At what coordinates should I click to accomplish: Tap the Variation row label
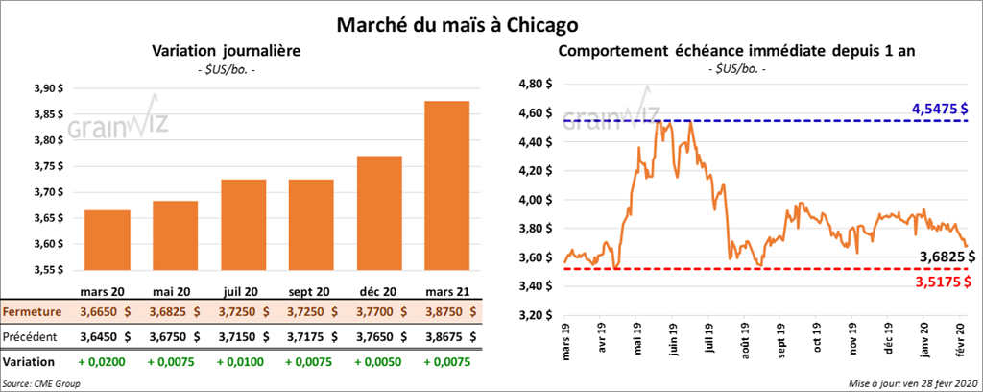[x=29, y=362]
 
